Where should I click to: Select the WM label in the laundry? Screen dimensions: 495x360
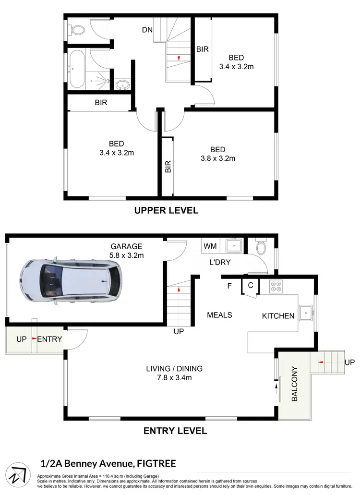tap(210, 246)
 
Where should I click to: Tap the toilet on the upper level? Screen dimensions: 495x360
tap(76, 30)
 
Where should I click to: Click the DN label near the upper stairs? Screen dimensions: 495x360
tap(147, 30)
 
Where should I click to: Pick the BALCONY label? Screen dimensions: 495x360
tap(295, 384)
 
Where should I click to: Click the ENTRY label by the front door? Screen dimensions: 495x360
tap(50, 339)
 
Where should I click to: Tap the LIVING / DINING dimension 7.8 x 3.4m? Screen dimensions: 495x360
tap(174, 378)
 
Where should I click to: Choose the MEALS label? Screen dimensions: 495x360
tap(219, 315)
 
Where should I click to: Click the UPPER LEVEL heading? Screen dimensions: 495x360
tap(166, 210)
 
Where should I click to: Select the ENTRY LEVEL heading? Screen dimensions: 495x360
tap(175, 431)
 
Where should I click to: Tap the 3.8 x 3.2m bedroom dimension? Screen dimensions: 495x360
tap(217, 158)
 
